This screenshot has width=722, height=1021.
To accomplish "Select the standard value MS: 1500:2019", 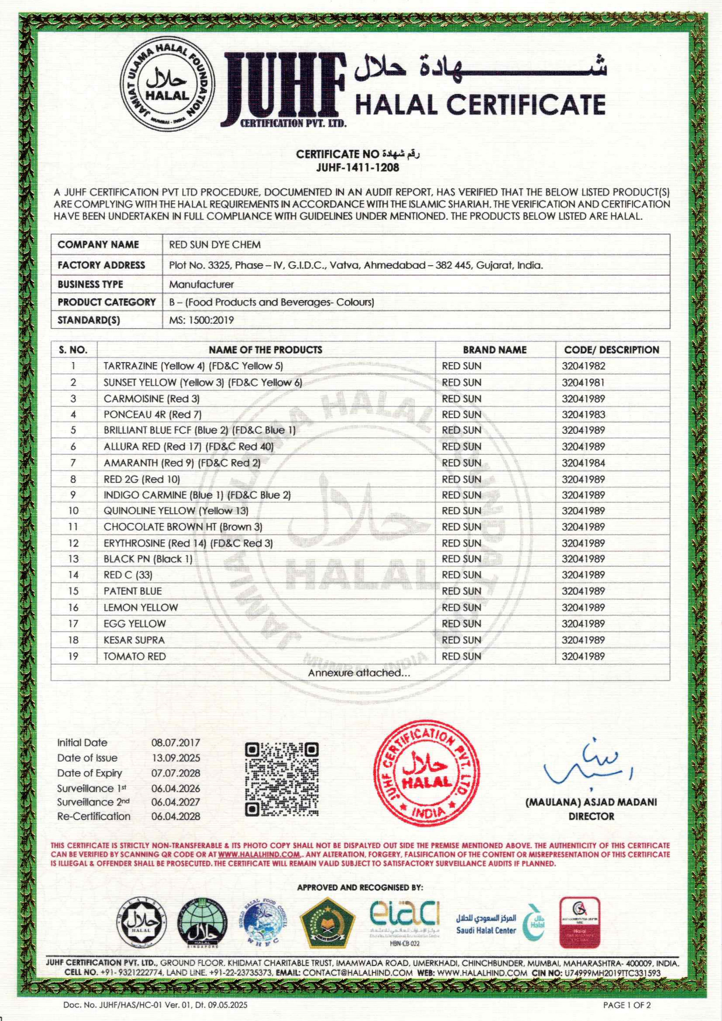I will coord(201,320).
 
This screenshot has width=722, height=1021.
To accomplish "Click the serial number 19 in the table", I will coord(73,656).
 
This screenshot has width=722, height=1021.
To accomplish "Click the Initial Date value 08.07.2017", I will coord(176,743).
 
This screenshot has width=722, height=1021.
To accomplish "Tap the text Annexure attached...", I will coord(359,673).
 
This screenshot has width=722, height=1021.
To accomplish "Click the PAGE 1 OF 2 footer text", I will coord(626,1005).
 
